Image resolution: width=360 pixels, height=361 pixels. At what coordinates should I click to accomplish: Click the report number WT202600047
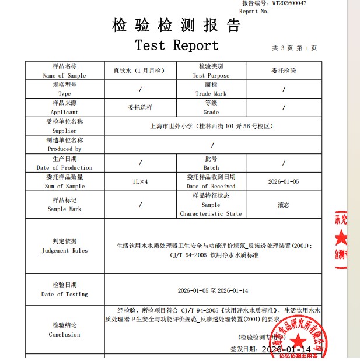[289, 3]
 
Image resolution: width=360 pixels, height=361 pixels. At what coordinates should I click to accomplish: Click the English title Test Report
[177, 45]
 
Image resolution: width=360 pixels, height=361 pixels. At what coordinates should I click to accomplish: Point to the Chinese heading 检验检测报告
[176, 26]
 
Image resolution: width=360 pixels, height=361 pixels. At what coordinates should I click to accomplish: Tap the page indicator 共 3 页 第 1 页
[295, 48]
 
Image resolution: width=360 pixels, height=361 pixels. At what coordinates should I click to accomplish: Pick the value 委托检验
[284, 71]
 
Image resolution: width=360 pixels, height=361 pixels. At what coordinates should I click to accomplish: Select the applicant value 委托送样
[139, 107]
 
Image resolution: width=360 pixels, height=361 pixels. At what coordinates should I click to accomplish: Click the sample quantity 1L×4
[140, 181]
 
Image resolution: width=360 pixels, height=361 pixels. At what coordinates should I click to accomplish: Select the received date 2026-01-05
[284, 181]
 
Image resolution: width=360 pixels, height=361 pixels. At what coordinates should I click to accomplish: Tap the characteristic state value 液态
[284, 205]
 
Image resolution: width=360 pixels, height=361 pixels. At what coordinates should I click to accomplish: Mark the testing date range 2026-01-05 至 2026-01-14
[213, 290]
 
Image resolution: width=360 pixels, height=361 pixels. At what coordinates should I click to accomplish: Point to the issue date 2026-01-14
[286, 349]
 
